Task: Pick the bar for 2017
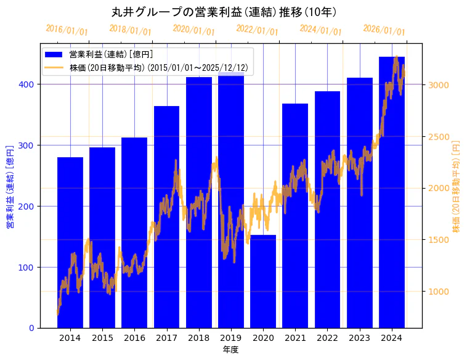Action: pos(166,216)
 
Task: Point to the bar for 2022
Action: pos(327,209)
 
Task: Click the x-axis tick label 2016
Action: pos(134,338)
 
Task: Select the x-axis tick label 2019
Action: pos(231,338)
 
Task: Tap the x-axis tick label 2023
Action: pos(359,338)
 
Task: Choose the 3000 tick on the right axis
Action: pos(439,85)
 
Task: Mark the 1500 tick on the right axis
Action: pos(439,240)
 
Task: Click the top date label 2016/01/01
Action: pos(67,30)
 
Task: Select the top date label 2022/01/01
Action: pos(258,30)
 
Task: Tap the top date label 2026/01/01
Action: pos(384,30)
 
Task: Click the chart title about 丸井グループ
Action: pos(224,12)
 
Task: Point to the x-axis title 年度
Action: pos(230,350)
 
